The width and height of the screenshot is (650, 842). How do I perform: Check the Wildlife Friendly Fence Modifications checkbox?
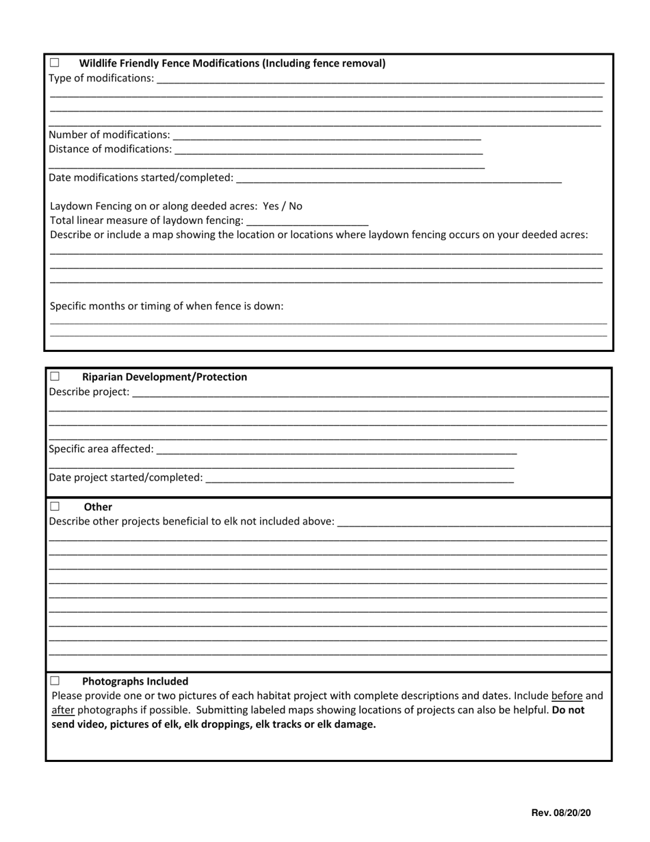[55, 63]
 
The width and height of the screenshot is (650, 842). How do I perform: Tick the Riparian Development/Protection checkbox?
[55, 377]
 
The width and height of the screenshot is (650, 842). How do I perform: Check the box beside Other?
[55, 507]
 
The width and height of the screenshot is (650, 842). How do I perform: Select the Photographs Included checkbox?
[55, 681]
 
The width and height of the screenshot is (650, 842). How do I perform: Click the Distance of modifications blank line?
[328, 149]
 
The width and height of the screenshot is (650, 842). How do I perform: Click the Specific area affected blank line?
[336, 449]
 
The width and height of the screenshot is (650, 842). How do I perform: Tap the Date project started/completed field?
[359, 477]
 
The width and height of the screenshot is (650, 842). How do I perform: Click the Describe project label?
[89, 392]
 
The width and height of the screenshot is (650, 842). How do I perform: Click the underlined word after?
[63, 710]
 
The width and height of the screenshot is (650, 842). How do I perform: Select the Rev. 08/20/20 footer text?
[561, 813]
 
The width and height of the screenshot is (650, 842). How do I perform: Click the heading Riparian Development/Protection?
[164, 377]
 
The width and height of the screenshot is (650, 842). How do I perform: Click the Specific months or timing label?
[167, 306]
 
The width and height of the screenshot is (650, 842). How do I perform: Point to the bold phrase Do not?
[568, 710]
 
